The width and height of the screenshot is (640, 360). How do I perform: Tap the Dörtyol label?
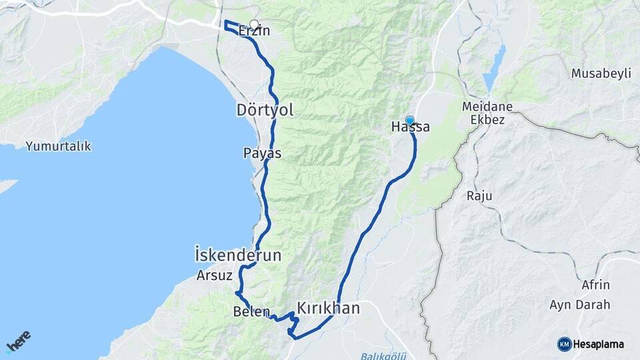coord(265,110)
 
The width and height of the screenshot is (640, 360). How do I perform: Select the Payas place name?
coord(262,153)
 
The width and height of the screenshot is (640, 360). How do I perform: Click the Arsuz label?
coord(215,275)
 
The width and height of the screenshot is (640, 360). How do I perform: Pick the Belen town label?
coord(251,311)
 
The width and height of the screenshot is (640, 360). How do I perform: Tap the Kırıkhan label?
coord(328,308)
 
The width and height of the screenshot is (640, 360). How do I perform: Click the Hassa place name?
coord(410,127)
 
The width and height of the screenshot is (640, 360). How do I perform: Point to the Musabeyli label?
coord(601,73)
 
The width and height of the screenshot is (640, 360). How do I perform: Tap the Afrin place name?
coord(595,285)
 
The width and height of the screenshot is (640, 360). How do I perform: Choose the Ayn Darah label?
coord(579,305)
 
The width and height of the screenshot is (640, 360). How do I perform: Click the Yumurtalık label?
coord(58,146)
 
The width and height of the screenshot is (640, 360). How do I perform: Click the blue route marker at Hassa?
coord(409,120)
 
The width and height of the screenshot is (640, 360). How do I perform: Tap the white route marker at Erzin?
coord(253,24)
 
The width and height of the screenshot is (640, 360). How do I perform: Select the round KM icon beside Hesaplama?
coord(564,344)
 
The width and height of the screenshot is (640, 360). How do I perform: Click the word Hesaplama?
coord(599,344)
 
